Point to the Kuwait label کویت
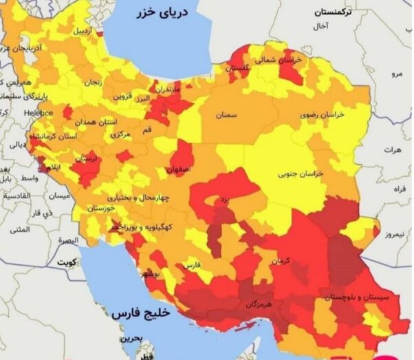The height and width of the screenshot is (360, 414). [66, 263]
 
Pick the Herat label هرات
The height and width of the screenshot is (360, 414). [393, 149]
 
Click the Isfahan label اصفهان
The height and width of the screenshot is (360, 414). [179, 168]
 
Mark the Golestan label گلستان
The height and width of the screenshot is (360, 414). [237, 68]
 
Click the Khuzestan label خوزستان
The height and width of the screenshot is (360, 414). [100, 207]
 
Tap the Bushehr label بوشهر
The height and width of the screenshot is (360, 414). [153, 274]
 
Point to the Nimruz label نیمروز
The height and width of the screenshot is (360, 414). [399, 234]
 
